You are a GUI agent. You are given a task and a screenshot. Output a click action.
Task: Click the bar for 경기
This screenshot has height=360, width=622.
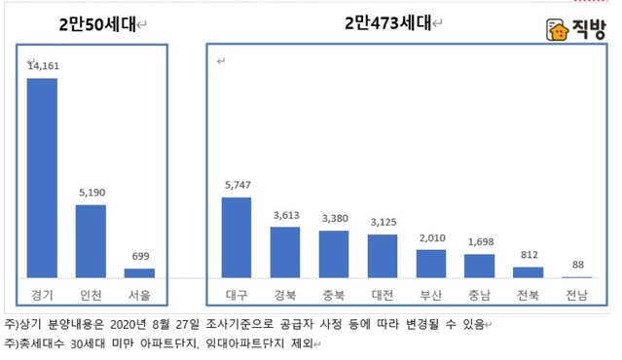coord(43,179)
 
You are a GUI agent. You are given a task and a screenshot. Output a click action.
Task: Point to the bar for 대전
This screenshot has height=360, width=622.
coord(383,256)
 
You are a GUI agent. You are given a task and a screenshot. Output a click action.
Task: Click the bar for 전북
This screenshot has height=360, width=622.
coord(528,272)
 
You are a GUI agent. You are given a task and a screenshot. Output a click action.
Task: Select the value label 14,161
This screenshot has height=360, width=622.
coord(43,67)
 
